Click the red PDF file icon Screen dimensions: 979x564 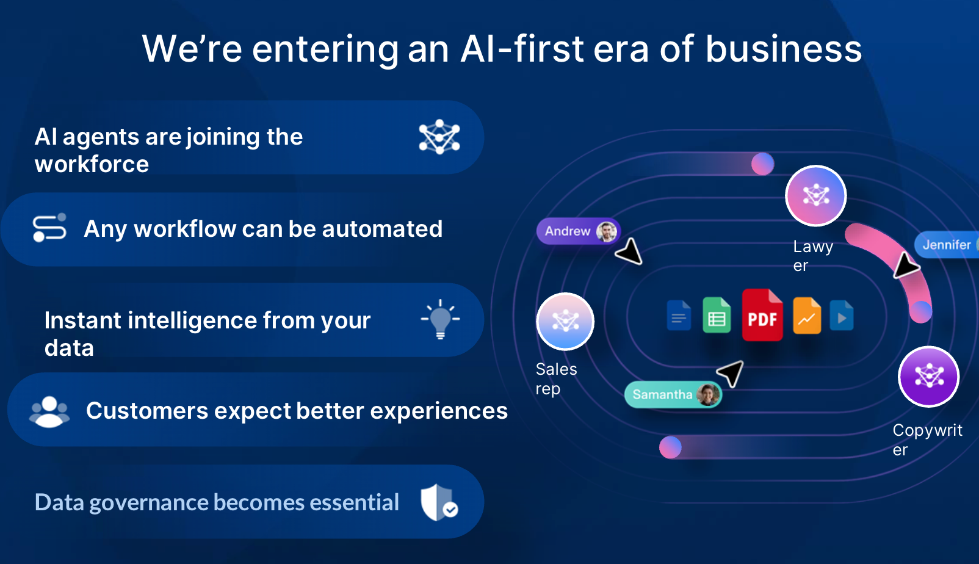tap(762, 315)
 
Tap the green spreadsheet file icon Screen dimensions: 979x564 tap(717, 315)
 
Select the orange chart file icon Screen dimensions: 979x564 tap(807, 315)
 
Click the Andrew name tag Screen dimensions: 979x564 tap(578, 231)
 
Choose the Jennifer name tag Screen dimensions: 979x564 tap(947, 244)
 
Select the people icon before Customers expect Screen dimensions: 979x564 tap(49, 411)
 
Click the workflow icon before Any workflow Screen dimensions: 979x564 tap(49, 227)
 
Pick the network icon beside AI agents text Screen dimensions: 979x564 tap(439, 137)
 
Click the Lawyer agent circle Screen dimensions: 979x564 tap(815, 195)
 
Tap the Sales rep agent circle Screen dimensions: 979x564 tap(565, 321)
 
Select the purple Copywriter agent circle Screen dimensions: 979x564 tap(929, 377)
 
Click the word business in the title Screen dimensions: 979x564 tap(784, 49)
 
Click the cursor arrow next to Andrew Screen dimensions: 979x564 tap(629, 252)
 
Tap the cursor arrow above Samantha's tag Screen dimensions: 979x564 tap(731, 373)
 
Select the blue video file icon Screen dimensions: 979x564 tap(841, 315)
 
